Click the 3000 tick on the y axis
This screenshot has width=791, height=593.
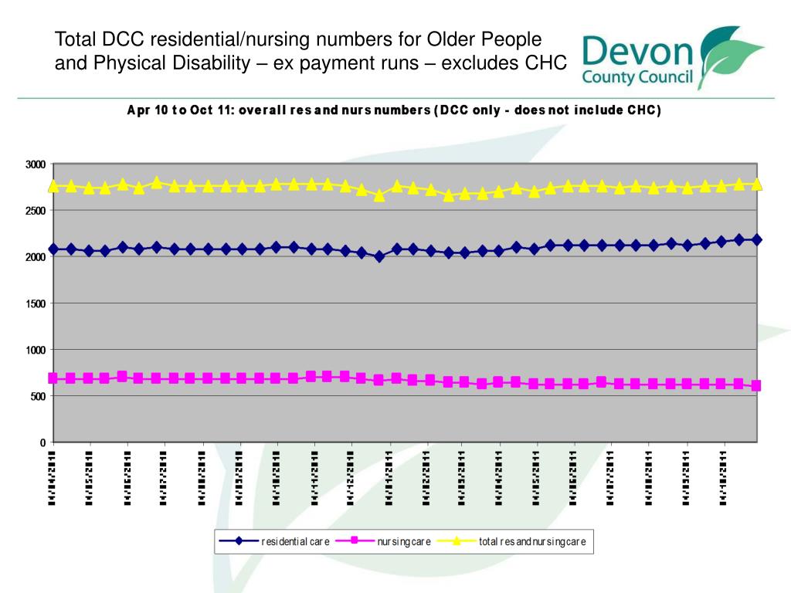(36, 164)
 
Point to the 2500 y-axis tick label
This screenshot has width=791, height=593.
(36, 211)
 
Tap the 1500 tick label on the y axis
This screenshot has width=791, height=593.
(36, 303)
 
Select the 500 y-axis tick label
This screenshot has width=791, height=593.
(38, 396)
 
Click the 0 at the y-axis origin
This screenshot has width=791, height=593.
(42, 442)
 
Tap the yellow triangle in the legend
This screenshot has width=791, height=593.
(457, 540)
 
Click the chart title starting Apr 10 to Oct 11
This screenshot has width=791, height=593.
(394, 110)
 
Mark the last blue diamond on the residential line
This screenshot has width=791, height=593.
(756, 239)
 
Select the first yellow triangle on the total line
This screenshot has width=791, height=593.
(53, 186)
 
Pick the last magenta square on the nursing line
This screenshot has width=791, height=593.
(756, 385)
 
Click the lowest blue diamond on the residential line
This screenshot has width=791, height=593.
(379, 256)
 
